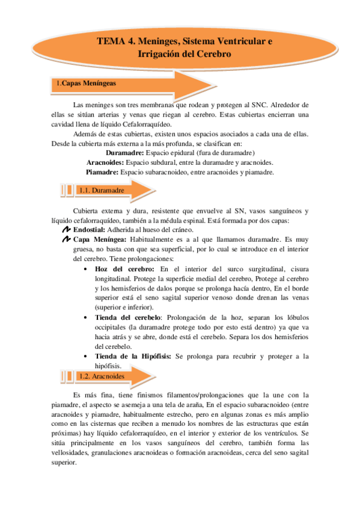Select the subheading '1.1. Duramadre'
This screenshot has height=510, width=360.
pyautogui.click(x=101, y=191)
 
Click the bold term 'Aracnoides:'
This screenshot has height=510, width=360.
pyautogui.click(x=106, y=162)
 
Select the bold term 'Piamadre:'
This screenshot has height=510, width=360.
pyautogui.click(x=102, y=172)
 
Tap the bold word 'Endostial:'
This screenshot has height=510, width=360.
pyautogui.click(x=89, y=230)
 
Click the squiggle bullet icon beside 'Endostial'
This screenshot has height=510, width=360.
pyautogui.click(x=66, y=230)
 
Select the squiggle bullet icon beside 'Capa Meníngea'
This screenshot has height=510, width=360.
pyautogui.click(x=66, y=239)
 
